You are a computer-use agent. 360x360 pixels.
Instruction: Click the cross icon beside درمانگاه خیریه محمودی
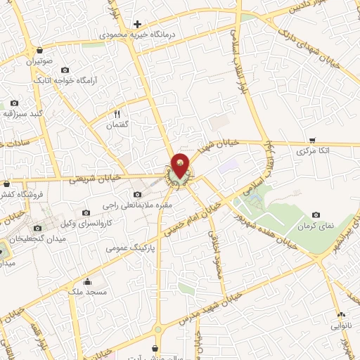[138, 24]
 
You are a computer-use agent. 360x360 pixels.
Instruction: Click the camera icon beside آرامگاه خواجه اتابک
[65, 70]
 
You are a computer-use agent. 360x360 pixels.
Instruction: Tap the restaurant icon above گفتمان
[117, 113]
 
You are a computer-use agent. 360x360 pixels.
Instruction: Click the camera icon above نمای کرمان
[316, 214]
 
